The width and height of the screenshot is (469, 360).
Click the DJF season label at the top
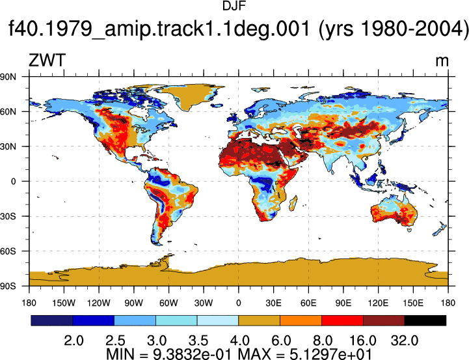click(x=234, y=7)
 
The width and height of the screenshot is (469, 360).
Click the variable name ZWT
click(x=47, y=60)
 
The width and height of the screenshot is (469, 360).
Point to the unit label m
click(x=442, y=61)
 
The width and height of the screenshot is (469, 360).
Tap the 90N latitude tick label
click(x=8, y=77)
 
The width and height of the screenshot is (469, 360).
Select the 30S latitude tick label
click(x=8, y=216)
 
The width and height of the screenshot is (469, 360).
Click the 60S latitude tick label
click(x=8, y=251)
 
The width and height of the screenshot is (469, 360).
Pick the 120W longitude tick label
click(x=99, y=303)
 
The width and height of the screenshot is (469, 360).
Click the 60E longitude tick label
click(x=308, y=303)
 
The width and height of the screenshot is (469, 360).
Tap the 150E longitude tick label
click(x=413, y=303)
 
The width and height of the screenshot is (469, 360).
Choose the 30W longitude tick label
click(x=204, y=303)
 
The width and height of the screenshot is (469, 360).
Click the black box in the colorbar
click(x=425, y=320)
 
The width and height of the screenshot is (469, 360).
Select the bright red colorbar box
click(x=342, y=320)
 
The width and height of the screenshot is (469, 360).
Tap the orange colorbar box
click(x=301, y=320)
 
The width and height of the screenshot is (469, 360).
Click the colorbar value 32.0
click(x=405, y=340)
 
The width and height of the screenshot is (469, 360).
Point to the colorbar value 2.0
click(x=74, y=340)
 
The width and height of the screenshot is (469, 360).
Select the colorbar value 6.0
click(x=281, y=340)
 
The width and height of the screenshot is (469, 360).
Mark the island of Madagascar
click(x=293, y=204)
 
